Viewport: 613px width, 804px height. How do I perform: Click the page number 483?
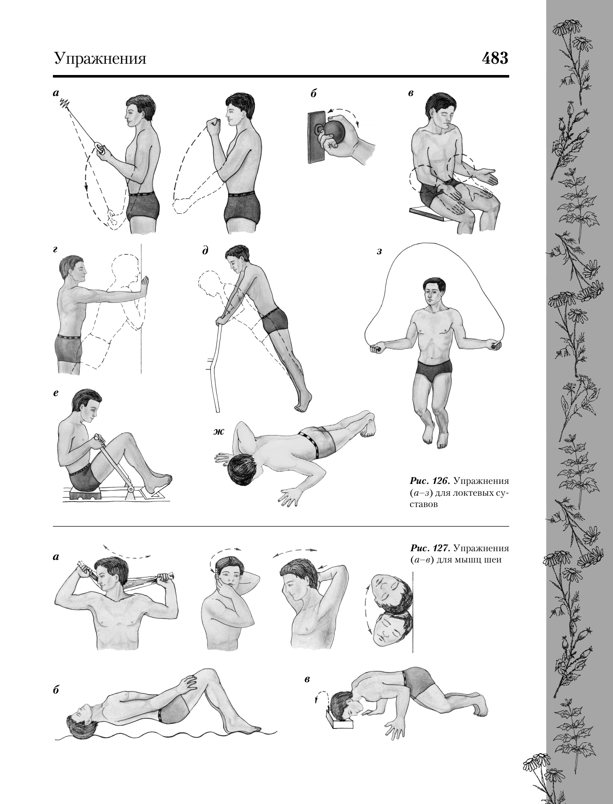click(495, 58)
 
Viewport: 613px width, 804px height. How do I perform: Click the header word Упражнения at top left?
click(100, 59)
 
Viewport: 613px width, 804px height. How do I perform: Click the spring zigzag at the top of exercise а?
click(64, 104)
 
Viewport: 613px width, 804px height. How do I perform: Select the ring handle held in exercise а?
click(99, 148)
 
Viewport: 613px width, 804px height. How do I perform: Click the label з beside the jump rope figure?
click(379, 252)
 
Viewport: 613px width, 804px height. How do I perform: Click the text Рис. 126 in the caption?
click(430, 480)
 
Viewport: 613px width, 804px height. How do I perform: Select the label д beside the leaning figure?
click(206, 251)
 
